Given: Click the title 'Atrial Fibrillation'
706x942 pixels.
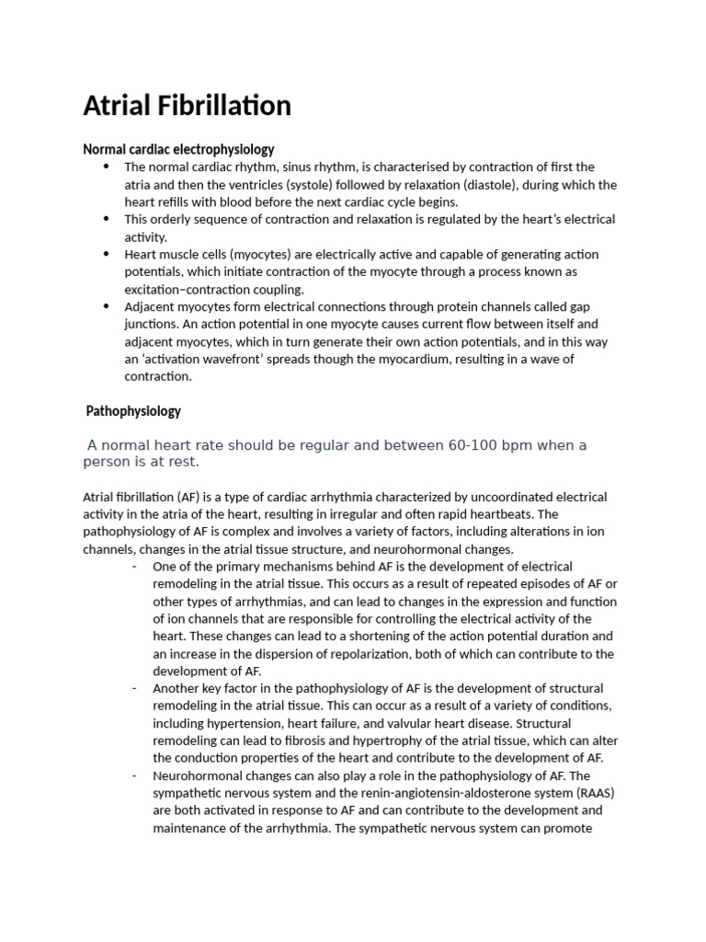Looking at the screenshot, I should tap(187, 106).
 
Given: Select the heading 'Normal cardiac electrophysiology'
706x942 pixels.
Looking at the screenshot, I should tap(178, 149).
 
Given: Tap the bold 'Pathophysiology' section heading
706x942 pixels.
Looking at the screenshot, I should tap(133, 410).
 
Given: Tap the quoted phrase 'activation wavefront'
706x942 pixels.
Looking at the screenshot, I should tap(203, 359).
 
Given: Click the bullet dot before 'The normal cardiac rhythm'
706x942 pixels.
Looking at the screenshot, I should tap(107, 167).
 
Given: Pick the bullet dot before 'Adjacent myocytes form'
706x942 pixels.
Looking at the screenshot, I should tap(107, 306).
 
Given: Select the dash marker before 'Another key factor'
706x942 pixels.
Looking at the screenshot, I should tap(135, 688).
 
